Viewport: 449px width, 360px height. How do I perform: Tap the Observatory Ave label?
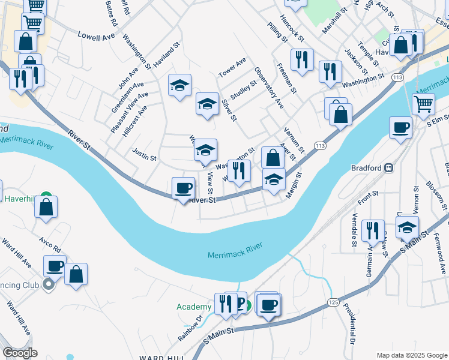coord(268,87)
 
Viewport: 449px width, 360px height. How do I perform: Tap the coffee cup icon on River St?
coord(183,188)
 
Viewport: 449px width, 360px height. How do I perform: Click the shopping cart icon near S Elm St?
coord(424,103)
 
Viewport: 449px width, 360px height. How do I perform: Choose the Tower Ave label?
coord(232,67)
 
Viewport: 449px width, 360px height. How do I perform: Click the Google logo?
coord(20,353)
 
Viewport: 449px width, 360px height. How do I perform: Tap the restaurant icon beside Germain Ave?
coord(372,231)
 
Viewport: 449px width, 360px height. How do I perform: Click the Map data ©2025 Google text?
coord(412,355)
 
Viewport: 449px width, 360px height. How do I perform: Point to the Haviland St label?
coord(167,54)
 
